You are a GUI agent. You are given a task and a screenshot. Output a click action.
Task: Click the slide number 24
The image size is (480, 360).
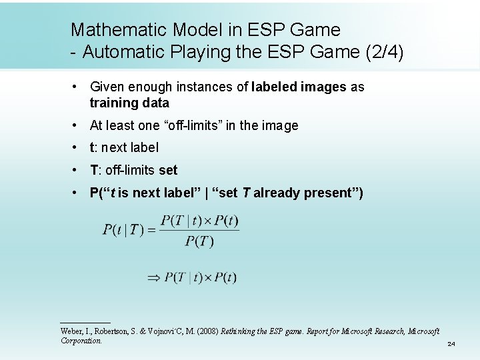[x=451, y=344]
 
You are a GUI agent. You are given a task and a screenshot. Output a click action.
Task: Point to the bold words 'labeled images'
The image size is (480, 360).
[x=299, y=87]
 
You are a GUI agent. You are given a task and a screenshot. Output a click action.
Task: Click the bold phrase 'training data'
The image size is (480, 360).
[x=129, y=103]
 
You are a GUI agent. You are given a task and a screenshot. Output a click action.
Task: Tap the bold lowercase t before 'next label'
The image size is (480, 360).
[x=92, y=148]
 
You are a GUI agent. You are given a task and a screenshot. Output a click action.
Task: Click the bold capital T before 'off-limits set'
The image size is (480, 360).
[x=93, y=170]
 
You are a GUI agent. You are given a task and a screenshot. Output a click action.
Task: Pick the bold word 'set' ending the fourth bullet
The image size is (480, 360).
[x=168, y=170]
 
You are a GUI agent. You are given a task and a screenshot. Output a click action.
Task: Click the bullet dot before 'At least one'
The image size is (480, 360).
[x=77, y=125]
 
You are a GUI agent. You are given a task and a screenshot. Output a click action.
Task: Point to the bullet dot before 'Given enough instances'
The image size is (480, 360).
[x=77, y=87]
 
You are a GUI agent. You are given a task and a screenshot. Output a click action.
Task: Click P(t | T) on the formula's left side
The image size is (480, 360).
[x=123, y=231]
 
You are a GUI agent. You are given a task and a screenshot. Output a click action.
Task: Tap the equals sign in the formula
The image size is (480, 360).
[x=151, y=231]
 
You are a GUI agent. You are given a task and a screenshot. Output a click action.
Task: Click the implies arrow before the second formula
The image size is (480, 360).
[x=154, y=277]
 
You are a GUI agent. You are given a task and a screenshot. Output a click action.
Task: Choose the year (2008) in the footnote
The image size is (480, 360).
[x=207, y=331]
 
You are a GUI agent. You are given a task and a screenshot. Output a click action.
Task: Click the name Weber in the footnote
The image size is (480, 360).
[x=71, y=331]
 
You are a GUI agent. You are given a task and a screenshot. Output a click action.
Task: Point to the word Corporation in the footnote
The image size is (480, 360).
[x=81, y=341]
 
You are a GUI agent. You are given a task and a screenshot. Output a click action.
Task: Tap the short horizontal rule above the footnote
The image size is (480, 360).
[x=85, y=323]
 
